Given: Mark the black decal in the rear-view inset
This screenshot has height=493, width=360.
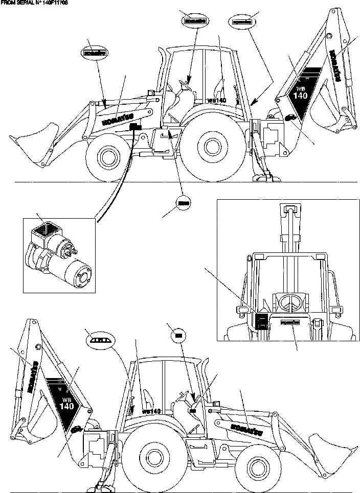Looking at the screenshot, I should pyautogui.click(x=261, y=321).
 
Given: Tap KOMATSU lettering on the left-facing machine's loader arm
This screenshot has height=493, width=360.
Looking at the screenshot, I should pyautogui.click(x=116, y=119).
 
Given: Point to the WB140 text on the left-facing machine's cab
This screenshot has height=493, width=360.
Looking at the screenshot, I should pyautogui.click(x=217, y=101).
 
